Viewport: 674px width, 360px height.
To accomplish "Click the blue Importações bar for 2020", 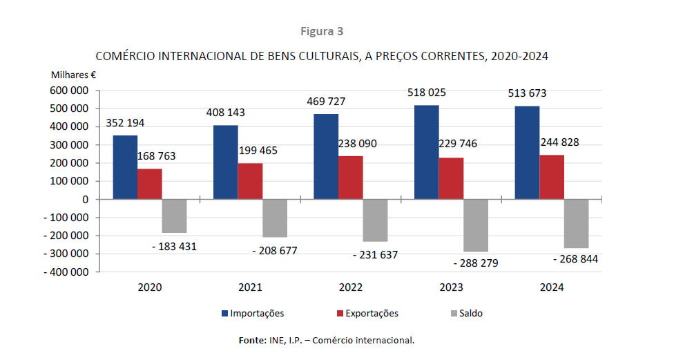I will click(125, 167).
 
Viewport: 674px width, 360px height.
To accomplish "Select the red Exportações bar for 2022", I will click(350, 178).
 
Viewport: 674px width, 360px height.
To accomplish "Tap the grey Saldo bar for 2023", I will click(475, 225).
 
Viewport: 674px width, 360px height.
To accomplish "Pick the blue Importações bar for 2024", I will click(526, 153).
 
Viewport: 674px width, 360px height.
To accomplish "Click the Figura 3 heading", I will click(322, 31).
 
